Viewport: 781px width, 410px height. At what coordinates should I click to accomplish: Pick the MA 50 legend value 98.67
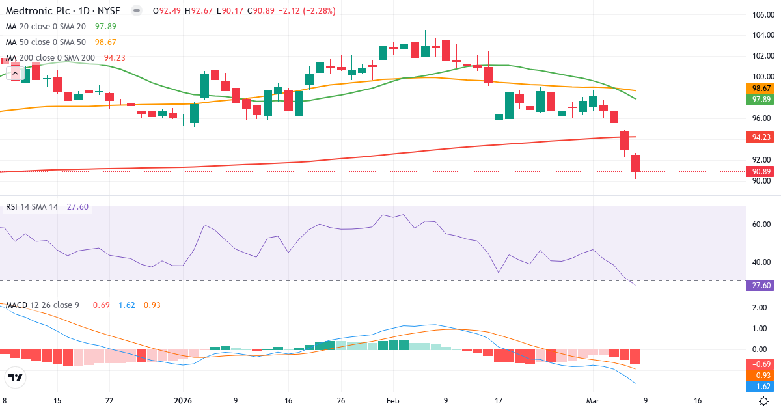(105, 42)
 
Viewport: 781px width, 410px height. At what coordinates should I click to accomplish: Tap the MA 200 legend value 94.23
(115, 57)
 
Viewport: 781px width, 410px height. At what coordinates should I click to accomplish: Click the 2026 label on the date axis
(183, 401)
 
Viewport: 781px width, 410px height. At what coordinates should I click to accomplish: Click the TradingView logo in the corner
(16, 377)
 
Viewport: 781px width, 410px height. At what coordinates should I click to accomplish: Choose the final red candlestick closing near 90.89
(636, 163)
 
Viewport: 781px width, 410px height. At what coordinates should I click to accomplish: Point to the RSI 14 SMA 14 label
(31, 206)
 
